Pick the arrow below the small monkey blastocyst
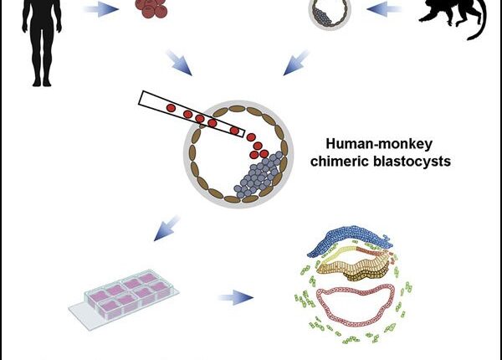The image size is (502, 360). pyautogui.click(x=298, y=60)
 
